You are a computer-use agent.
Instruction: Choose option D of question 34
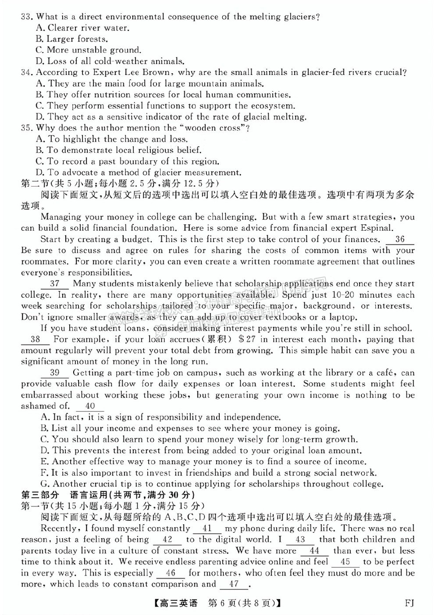click(x=171, y=117)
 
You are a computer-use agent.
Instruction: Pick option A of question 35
click(x=112, y=139)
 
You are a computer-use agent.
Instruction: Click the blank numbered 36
click(x=399, y=239)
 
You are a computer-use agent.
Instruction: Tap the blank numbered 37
click(x=55, y=284)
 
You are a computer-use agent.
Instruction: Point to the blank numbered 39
click(x=55, y=373)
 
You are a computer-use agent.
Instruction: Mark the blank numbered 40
click(x=90, y=406)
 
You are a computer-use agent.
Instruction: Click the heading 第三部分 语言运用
click(x=108, y=495)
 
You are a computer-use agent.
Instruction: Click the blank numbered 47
click(x=234, y=584)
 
